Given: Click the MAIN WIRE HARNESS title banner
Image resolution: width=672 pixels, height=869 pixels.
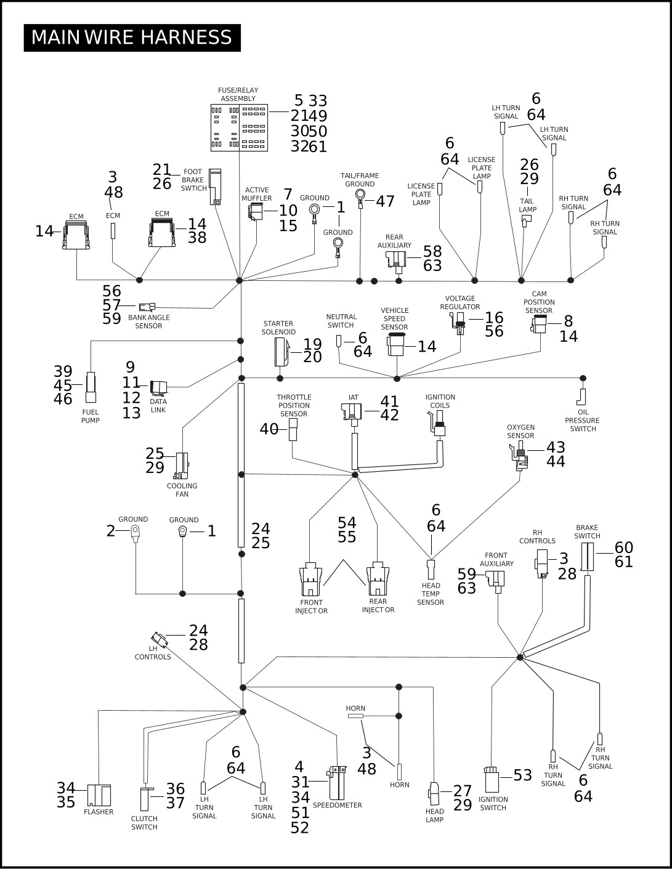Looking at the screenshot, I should (x=132, y=38).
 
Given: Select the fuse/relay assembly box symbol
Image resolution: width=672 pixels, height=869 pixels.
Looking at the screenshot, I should (x=240, y=127).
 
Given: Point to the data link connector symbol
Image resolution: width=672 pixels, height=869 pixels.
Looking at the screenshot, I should (x=158, y=388).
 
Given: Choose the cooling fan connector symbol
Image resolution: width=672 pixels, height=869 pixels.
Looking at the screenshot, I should (x=182, y=466).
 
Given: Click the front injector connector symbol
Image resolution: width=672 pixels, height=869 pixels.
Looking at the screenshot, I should (x=310, y=580).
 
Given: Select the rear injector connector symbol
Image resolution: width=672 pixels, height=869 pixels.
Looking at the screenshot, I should (x=378, y=579).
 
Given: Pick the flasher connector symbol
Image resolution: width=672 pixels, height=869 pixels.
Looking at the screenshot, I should (x=99, y=795).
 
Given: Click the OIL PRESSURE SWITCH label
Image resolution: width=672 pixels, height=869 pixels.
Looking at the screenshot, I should (x=583, y=421).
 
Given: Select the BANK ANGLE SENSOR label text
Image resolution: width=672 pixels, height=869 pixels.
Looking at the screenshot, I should (x=148, y=321).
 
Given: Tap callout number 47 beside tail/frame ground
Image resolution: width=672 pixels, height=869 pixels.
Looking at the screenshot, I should (x=385, y=201).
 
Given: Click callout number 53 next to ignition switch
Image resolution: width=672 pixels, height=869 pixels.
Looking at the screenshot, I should (x=522, y=775).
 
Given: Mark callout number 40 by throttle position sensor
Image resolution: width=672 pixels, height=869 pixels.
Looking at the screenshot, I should (x=269, y=429).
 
